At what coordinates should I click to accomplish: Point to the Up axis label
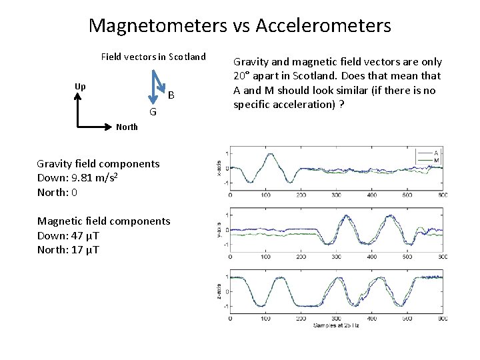(x=80, y=87)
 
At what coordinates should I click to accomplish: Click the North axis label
(x=127, y=127)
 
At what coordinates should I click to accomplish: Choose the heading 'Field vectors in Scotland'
(x=153, y=57)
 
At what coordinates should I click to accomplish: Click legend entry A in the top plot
(x=437, y=151)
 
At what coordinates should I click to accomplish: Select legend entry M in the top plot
(x=437, y=160)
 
